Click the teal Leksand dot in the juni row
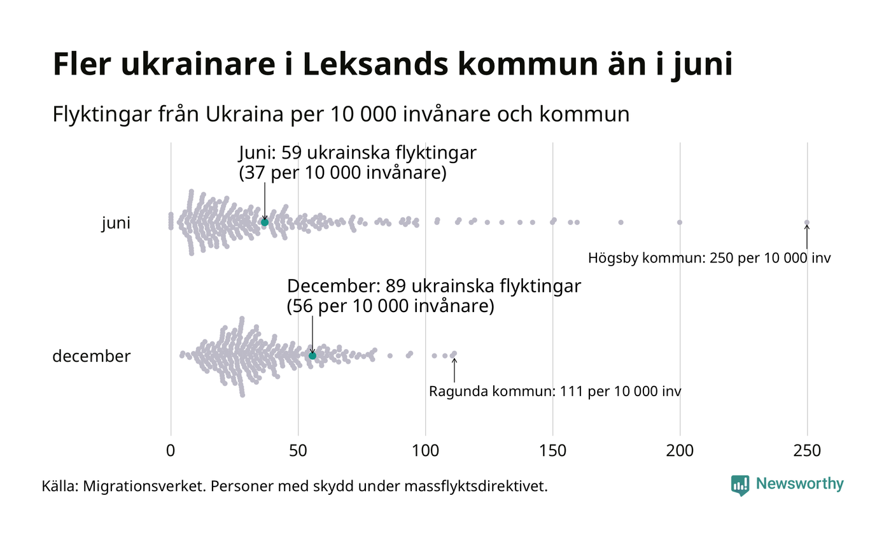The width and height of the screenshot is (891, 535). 265,222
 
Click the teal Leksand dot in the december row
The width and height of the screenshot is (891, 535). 312,355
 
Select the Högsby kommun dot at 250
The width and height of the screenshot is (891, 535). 807,222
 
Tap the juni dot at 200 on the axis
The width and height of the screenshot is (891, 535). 680,222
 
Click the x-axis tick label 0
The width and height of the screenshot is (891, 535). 171,451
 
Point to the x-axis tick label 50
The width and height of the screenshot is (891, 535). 298,451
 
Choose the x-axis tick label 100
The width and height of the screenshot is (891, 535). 425,451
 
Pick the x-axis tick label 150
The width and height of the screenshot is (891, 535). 552,451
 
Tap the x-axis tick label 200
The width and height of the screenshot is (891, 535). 680,451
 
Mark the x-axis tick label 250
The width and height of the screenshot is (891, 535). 807,451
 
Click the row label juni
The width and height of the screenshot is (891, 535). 116,224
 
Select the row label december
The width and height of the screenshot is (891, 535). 91,356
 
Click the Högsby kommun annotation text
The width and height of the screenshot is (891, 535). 709,259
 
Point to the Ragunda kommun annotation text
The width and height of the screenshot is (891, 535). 555,392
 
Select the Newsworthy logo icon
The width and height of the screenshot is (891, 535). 740,485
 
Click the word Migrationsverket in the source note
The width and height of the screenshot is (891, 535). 143,487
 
